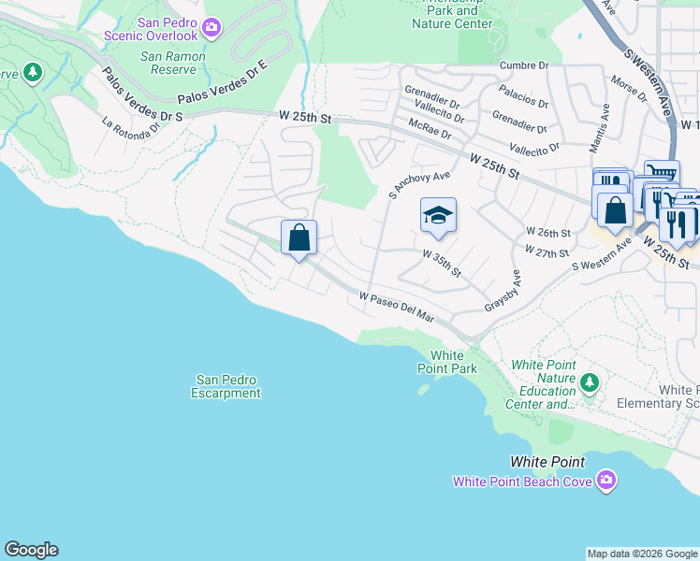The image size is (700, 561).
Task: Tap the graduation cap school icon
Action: click(438, 216)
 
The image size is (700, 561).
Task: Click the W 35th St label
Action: click(442, 261)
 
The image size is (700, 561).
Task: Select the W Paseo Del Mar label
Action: click(398, 307)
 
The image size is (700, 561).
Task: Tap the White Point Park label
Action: click(447, 362)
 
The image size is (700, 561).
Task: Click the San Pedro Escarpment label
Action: click(226, 386)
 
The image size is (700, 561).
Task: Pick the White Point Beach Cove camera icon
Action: click(606, 481)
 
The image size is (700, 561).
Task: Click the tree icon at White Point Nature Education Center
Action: click(589, 381)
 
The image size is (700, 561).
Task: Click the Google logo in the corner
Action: click(31, 550)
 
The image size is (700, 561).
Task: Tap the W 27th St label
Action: click(547, 252)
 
